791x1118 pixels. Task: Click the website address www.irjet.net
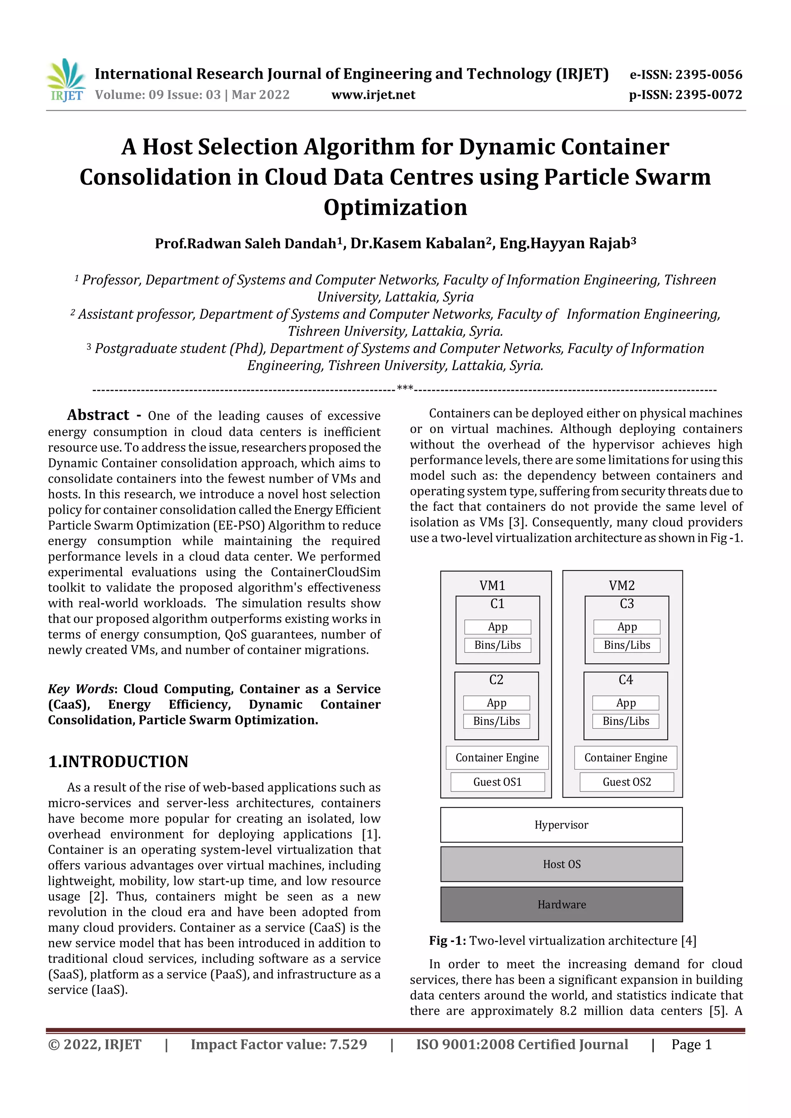(x=373, y=95)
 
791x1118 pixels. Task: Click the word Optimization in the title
(x=395, y=208)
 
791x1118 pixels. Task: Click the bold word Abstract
(x=98, y=415)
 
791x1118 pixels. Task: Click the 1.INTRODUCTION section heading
(x=118, y=761)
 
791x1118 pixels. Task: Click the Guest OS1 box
(x=497, y=782)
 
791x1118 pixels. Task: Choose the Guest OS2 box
(x=626, y=782)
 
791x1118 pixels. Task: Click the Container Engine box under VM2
(x=625, y=758)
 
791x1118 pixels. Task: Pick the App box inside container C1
(x=497, y=627)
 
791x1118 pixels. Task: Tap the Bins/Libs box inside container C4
(x=626, y=721)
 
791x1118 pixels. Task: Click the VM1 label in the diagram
(x=492, y=585)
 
